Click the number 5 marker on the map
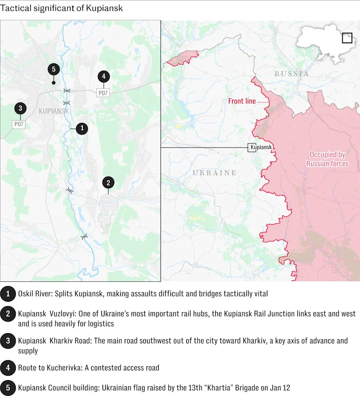tap(54, 69)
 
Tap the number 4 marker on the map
tap(103, 77)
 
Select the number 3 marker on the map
tap(20, 109)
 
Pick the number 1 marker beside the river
tap(82, 128)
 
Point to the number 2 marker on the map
tap(108, 183)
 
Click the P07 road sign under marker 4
tap(103, 93)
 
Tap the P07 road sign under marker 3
tap(19, 124)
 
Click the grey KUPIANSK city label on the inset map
tap(54, 111)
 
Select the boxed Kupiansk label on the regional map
tap(261, 148)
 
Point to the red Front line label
tap(242, 101)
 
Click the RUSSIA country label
tap(292, 74)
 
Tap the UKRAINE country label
tap(214, 173)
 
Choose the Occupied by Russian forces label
tap(327, 159)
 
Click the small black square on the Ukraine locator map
tap(347, 38)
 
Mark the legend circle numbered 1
tap(8, 294)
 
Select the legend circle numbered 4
tap(8, 368)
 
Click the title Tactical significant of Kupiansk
tap(61, 8)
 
